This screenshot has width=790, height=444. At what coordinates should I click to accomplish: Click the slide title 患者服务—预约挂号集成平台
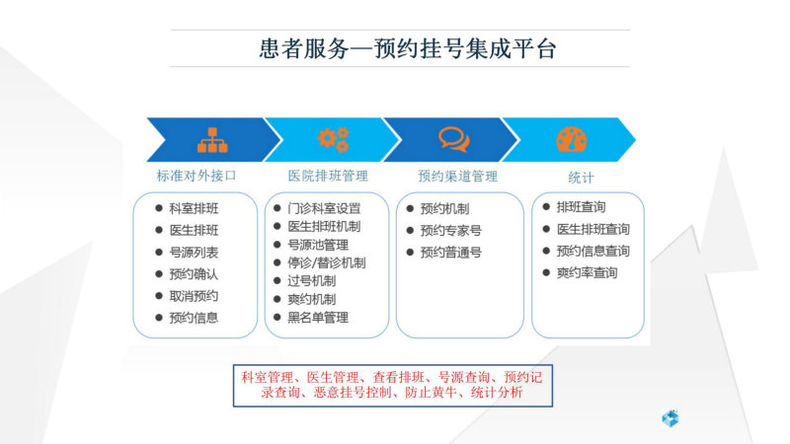[x=408, y=48]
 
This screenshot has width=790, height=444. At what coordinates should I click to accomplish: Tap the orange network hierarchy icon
[x=212, y=140]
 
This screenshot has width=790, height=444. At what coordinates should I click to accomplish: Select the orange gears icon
[x=334, y=139]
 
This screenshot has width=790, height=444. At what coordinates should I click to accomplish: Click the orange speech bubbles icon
[x=454, y=139]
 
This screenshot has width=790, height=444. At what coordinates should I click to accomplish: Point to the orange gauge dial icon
[x=572, y=139]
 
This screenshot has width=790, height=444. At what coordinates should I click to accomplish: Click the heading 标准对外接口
[x=197, y=176]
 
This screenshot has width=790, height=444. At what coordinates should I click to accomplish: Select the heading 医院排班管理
[x=328, y=176]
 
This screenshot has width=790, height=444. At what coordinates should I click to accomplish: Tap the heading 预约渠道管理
[x=458, y=177]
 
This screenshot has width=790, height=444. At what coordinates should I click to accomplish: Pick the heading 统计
[x=581, y=178]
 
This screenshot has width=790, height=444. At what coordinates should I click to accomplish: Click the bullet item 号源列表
[x=194, y=253]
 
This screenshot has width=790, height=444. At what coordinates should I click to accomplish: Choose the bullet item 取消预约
[x=194, y=296]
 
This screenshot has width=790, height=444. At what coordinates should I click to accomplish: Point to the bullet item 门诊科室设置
[x=325, y=208]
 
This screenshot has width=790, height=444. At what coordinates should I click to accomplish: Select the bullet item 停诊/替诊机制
[x=327, y=262]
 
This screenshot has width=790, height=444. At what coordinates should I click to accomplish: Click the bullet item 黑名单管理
[x=318, y=318]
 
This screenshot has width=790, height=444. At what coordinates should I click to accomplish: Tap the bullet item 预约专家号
[x=451, y=231]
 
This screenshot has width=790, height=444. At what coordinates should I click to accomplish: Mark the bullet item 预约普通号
[x=451, y=253]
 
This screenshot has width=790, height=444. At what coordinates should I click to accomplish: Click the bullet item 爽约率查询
[x=587, y=273]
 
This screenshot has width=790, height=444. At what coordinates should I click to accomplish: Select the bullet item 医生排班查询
[x=593, y=230]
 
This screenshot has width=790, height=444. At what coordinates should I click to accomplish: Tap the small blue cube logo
[x=671, y=418]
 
